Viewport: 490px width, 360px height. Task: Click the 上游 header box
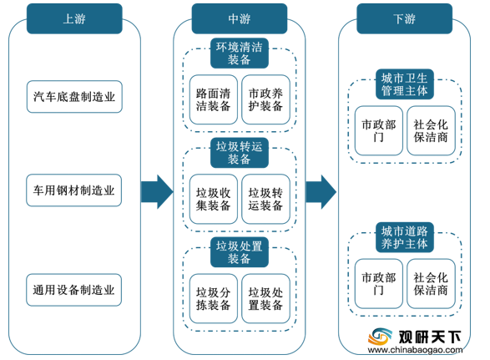point(74,18)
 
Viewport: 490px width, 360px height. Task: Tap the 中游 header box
point(240,18)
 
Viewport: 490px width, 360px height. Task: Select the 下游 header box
point(404,18)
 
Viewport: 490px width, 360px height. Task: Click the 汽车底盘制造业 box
point(74,97)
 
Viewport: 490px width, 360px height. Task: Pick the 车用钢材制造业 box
point(74,190)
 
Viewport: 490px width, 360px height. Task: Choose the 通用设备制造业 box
point(74,290)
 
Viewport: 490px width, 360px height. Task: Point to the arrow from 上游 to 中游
point(157,192)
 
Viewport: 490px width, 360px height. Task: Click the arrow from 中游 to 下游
point(321,192)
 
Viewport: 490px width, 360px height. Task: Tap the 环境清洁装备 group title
point(240,53)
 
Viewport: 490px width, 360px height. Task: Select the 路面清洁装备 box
point(214,99)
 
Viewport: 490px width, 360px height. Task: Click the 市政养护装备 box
point(265,99)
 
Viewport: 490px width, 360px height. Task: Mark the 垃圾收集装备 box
point(214,199)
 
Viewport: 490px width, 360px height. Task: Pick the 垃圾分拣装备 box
point(214,298)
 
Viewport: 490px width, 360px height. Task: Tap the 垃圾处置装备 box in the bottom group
point(265,298)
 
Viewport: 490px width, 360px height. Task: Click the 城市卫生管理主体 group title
point(404,84)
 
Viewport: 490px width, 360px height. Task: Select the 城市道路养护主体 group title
point(404,237)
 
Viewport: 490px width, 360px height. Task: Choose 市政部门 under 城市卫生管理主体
point(378,130)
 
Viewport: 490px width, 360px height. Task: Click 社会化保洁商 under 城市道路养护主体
point(431,283)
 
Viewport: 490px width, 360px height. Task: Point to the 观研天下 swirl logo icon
point(380,337)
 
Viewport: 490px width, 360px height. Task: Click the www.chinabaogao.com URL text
point(416,350)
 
